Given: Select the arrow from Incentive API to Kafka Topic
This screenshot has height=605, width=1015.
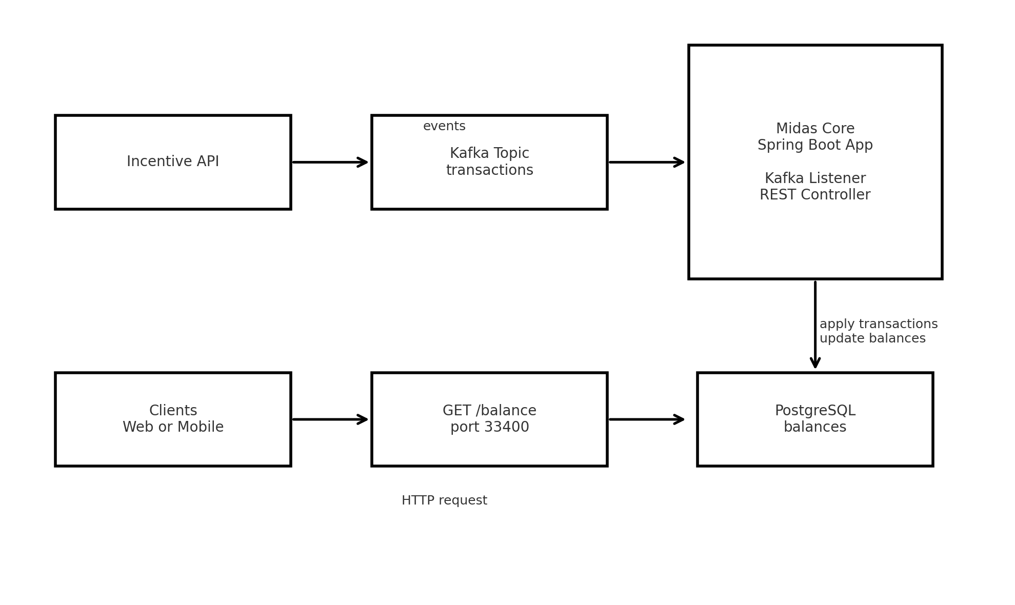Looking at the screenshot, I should coord(330,163).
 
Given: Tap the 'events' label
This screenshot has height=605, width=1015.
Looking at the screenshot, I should coord(444,127).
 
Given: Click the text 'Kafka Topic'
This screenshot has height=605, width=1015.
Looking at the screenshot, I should coord(489,154).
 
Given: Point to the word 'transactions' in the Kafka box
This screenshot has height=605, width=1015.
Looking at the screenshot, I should coord(489,170).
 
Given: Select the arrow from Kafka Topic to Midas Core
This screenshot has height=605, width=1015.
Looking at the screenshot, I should coord(646,163).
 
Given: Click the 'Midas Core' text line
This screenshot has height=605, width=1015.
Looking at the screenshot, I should coord(815,129).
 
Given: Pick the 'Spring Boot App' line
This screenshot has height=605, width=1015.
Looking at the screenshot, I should coord(815,146).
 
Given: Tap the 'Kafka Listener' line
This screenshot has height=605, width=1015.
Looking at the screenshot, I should coord(815,178).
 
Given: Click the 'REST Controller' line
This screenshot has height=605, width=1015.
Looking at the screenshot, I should coord(815,195).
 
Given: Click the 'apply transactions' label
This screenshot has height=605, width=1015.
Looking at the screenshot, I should coord(878,325).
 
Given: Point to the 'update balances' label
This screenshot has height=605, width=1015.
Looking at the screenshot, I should coord(872,339).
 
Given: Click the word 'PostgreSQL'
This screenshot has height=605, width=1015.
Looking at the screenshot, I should coord(815,411).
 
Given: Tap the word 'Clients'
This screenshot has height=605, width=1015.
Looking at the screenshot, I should coord(173,411).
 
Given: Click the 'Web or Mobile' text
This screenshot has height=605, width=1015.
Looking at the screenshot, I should coord(173,428).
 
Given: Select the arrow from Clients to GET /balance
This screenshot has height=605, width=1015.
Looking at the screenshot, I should coord(330,419).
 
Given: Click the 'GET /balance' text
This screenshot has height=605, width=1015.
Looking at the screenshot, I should coord(489,411).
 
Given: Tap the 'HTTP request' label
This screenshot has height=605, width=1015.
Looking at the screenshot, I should coord(444,501).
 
